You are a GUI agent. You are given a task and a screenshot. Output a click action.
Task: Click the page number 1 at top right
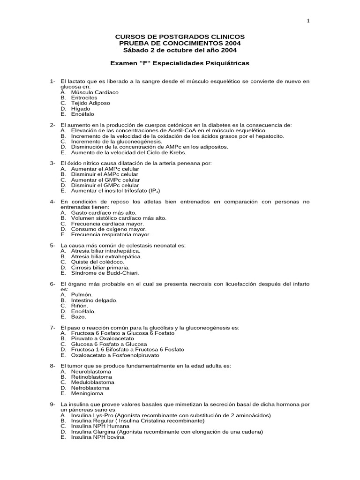[308, 20]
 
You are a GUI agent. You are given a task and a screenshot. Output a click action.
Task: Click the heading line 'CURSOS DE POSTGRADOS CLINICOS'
[180, 37]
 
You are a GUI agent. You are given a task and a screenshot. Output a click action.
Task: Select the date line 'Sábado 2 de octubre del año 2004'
[180, 50]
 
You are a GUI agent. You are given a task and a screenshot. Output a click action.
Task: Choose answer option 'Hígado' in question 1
[81, 109]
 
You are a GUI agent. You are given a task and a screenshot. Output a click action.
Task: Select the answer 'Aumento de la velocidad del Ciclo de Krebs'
[128, 152]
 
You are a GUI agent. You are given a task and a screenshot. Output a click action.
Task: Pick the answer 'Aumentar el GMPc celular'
[105, 180]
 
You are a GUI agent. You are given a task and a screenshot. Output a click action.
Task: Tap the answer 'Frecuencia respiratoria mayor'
[111, 234]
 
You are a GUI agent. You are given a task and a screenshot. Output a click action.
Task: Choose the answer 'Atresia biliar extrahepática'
[106, 256]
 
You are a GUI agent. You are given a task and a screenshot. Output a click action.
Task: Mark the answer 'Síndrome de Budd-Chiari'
[105, 273]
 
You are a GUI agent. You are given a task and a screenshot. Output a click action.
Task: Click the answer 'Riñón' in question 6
[79, 306]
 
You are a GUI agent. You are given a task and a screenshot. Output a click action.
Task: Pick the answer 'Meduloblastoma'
[92, 382]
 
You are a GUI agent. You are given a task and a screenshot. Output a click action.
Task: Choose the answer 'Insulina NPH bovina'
[97, 437]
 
